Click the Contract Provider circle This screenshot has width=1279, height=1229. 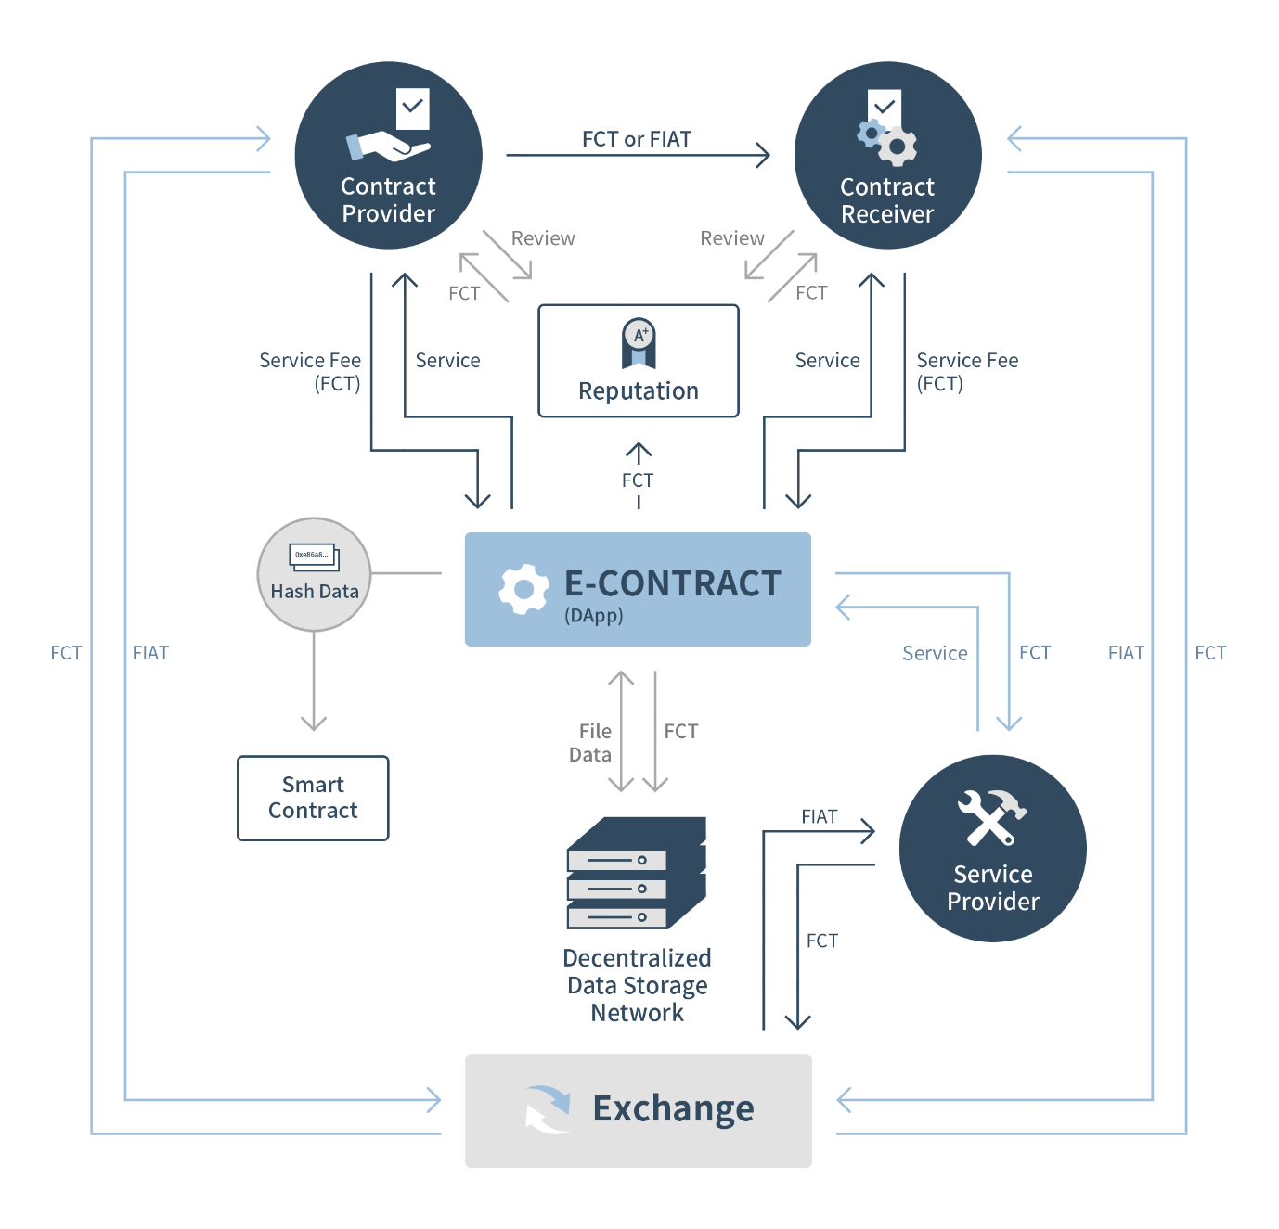[x=388, y=156]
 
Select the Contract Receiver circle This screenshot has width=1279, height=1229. [x=887, y=156]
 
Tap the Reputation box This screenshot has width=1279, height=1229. [x=639, y=362]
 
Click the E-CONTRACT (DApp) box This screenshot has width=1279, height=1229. [x=638, y=589]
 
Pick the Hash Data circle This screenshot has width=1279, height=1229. [x=314, y=575]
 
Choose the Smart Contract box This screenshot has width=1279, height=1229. [x=313, y=798]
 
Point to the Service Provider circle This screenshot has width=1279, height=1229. [x=992, y=848]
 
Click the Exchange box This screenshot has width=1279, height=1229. [x=638, y=1110]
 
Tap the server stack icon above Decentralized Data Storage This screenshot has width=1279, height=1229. [x=637, y=874]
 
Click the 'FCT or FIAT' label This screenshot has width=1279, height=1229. [x=637, y=139]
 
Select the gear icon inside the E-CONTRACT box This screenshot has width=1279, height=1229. [x=523, y=589]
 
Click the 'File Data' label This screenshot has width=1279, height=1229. [x=591, y=743]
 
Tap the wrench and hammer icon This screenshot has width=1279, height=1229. [x=991, y=817]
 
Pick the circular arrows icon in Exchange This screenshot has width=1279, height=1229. [x=548, y=1109]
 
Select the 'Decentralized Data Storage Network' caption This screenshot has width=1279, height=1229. [x=638, y=985]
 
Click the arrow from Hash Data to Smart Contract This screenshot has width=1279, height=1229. [x=314, y=682]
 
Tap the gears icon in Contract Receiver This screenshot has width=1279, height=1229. [x=887, y=141]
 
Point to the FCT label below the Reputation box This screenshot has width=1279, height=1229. [x=638, y=480]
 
